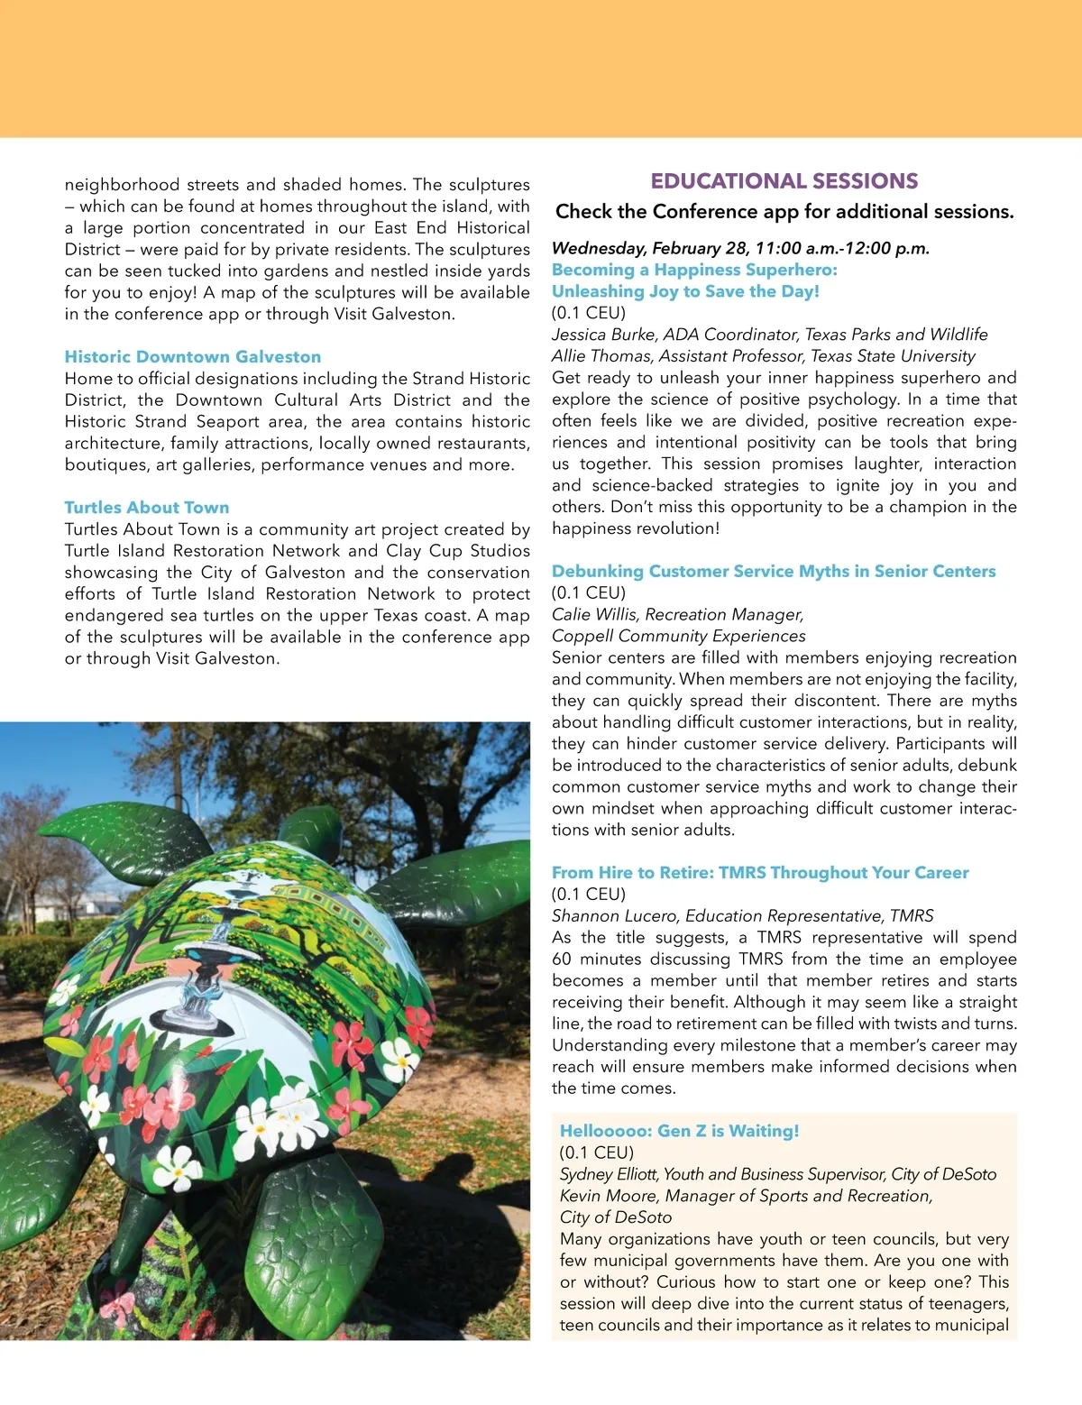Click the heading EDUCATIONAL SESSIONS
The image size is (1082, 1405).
point(784,181)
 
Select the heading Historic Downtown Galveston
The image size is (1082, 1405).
point(192,357)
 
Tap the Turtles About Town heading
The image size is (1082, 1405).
point(146,508)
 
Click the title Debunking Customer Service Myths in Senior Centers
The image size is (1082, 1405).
point(774,572)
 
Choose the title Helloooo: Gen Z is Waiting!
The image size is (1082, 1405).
point(679,1132)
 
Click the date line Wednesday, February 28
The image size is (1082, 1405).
point(740,249)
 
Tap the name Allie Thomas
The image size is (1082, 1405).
point(601,356)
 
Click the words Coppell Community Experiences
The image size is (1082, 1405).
point(666,637)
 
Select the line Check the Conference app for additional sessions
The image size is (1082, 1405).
point(784,212)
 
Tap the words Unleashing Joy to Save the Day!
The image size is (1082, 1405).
point(685,291)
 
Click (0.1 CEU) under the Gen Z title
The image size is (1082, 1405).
point(596,1153)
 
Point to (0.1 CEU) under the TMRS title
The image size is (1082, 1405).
point(588,895)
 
